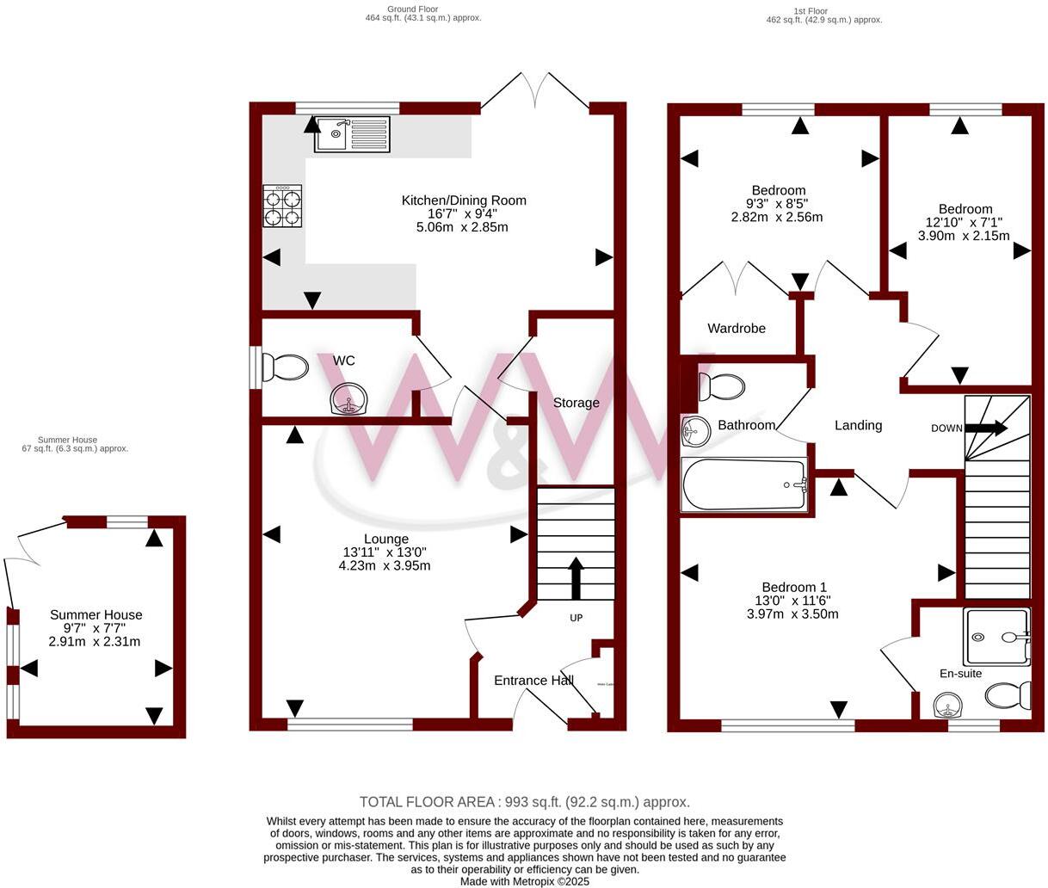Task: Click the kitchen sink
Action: (x=352, y=134)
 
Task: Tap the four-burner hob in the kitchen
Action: (x=282, y=206)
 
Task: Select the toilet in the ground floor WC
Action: (x=284, y=368)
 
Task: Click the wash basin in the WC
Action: (x=350, y=399)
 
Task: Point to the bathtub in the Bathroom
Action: (x=745, y=485)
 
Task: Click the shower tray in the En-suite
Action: (x=996, y=638)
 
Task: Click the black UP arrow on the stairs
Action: (x=576, y=577)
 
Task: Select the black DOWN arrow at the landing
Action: (x=985, y=428)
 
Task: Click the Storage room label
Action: (x=576, y=403)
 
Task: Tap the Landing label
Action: (x=858, y=425)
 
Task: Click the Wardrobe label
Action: (x=737, y=328)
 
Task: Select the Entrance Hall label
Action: (x=533, y=681)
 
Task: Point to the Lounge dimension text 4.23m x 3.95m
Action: (x=385, y=565)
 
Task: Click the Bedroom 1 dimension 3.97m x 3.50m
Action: (x=792, y=614)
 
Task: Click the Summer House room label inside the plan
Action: (x=96, y=614)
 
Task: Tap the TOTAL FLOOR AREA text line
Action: (x=524, y=802)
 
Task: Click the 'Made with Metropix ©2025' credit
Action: (x=524, y=881)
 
